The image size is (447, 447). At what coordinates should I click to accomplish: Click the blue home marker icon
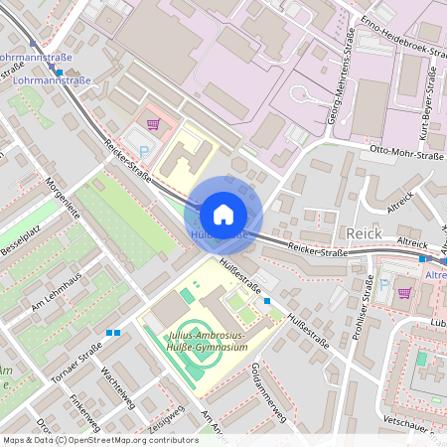pos(223,214)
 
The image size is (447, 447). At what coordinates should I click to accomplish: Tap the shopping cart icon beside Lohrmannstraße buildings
pos(153,124)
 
